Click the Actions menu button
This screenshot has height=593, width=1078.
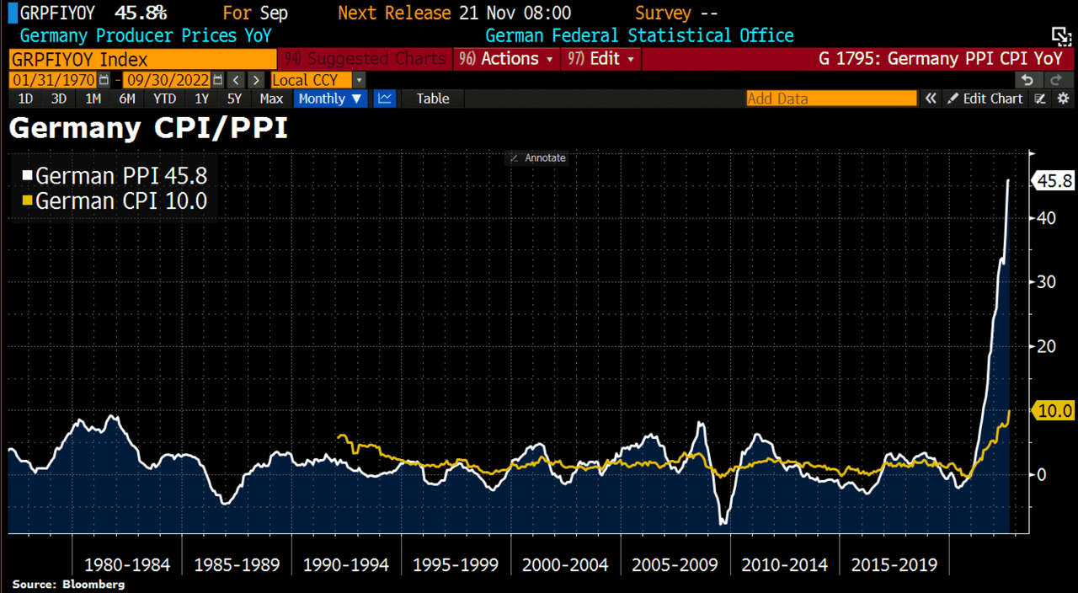(x=509, y=59)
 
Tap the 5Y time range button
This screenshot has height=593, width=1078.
(x=234, y=99)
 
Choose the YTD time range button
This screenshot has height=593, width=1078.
(x=164, y=99)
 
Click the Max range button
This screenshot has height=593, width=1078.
(x=271, y=99)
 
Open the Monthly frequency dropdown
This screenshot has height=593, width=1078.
(x=331, y=99)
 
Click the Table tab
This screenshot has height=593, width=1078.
(x=433, y=99)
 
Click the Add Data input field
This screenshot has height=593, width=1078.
(x=830, y=99)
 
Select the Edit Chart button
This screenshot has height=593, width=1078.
(x=985, y=99)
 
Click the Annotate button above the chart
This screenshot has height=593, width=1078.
(x=536, y=158)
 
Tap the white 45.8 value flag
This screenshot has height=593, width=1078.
(x=1054, y=180)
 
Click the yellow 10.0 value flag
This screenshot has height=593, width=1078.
(x=1054, y=411)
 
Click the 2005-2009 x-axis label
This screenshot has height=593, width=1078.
(x=674, y=564)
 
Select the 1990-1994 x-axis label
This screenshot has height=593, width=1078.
(x=345, y=564)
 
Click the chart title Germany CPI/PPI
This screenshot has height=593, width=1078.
(x=148, y=129)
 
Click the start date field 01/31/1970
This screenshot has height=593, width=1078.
(x=52, y=80)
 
